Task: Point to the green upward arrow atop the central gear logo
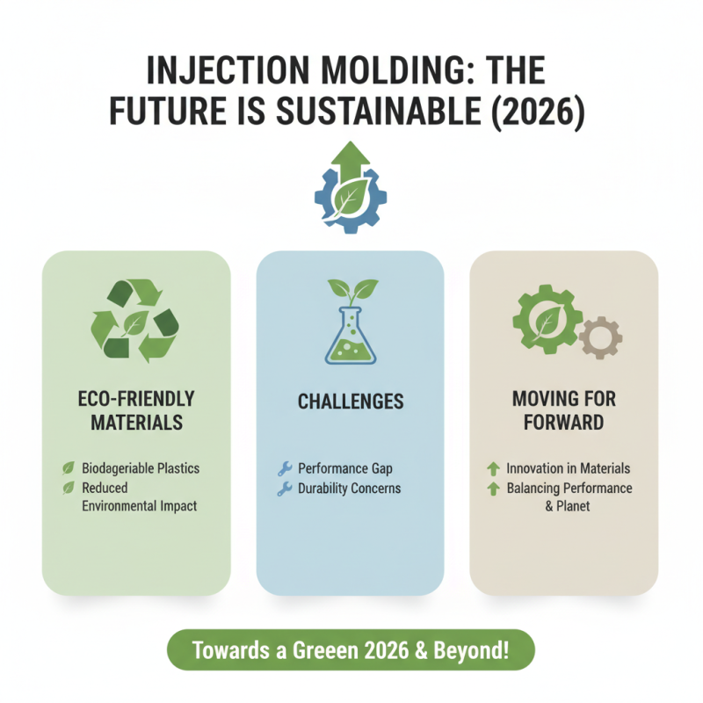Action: point(351,158)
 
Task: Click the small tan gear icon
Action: point(600,337)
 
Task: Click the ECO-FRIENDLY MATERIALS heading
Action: point(135,410)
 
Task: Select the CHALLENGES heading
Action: point(351,402)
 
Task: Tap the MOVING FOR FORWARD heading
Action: point(563,410)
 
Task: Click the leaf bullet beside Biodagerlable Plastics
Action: point(67,467)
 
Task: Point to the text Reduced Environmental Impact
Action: point(139,496)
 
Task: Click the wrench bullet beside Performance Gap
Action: point(284,469)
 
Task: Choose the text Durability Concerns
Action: point(349,489)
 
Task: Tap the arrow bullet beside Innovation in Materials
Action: point(492,469)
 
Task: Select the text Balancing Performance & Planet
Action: point(569,497)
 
